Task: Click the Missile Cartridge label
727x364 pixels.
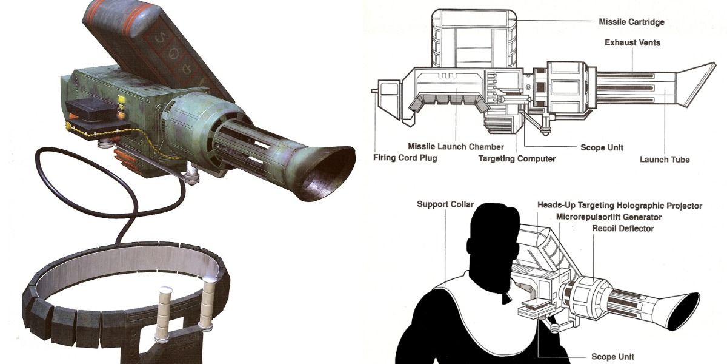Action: pos(631,22)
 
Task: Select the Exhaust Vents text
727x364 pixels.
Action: pos(632,43)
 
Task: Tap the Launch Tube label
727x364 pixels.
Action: pos(665,160)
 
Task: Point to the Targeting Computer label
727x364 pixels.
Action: pos(517,159)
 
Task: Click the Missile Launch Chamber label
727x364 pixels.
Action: pos(456,147)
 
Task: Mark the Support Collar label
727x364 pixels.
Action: pos(445,204)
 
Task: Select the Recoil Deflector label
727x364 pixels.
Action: pos(623,229)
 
